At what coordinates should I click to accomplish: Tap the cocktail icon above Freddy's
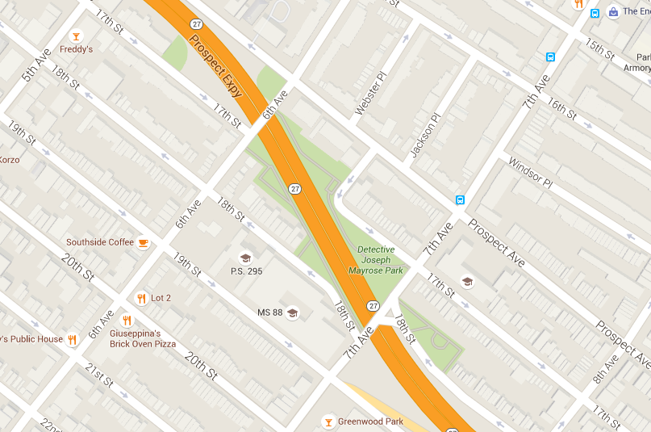click(x=76, y=36)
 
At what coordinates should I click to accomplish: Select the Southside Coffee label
click(x=99, y=242)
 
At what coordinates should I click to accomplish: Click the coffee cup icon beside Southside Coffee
click(x=143, y=242)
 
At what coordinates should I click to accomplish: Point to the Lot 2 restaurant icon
click(x=141, y=298)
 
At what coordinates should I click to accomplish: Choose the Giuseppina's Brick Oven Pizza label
click(x=143, y=338)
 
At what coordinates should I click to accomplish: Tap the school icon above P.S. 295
click(x=245, y=258)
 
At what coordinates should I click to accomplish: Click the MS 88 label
click(x=269, y=312)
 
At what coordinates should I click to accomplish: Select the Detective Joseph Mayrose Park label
click(x=375, y=260)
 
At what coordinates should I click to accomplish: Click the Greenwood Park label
click(x=370, y=422)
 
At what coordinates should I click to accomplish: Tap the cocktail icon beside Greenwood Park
click(x=328, y=422)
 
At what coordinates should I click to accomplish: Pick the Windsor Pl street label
click(x=529, y=173)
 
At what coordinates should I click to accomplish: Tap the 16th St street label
click(x=562, y=103)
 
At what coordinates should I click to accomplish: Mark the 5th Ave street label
click(x=36, y=65)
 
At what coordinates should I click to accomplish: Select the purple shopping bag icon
click(x=614, y=12)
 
